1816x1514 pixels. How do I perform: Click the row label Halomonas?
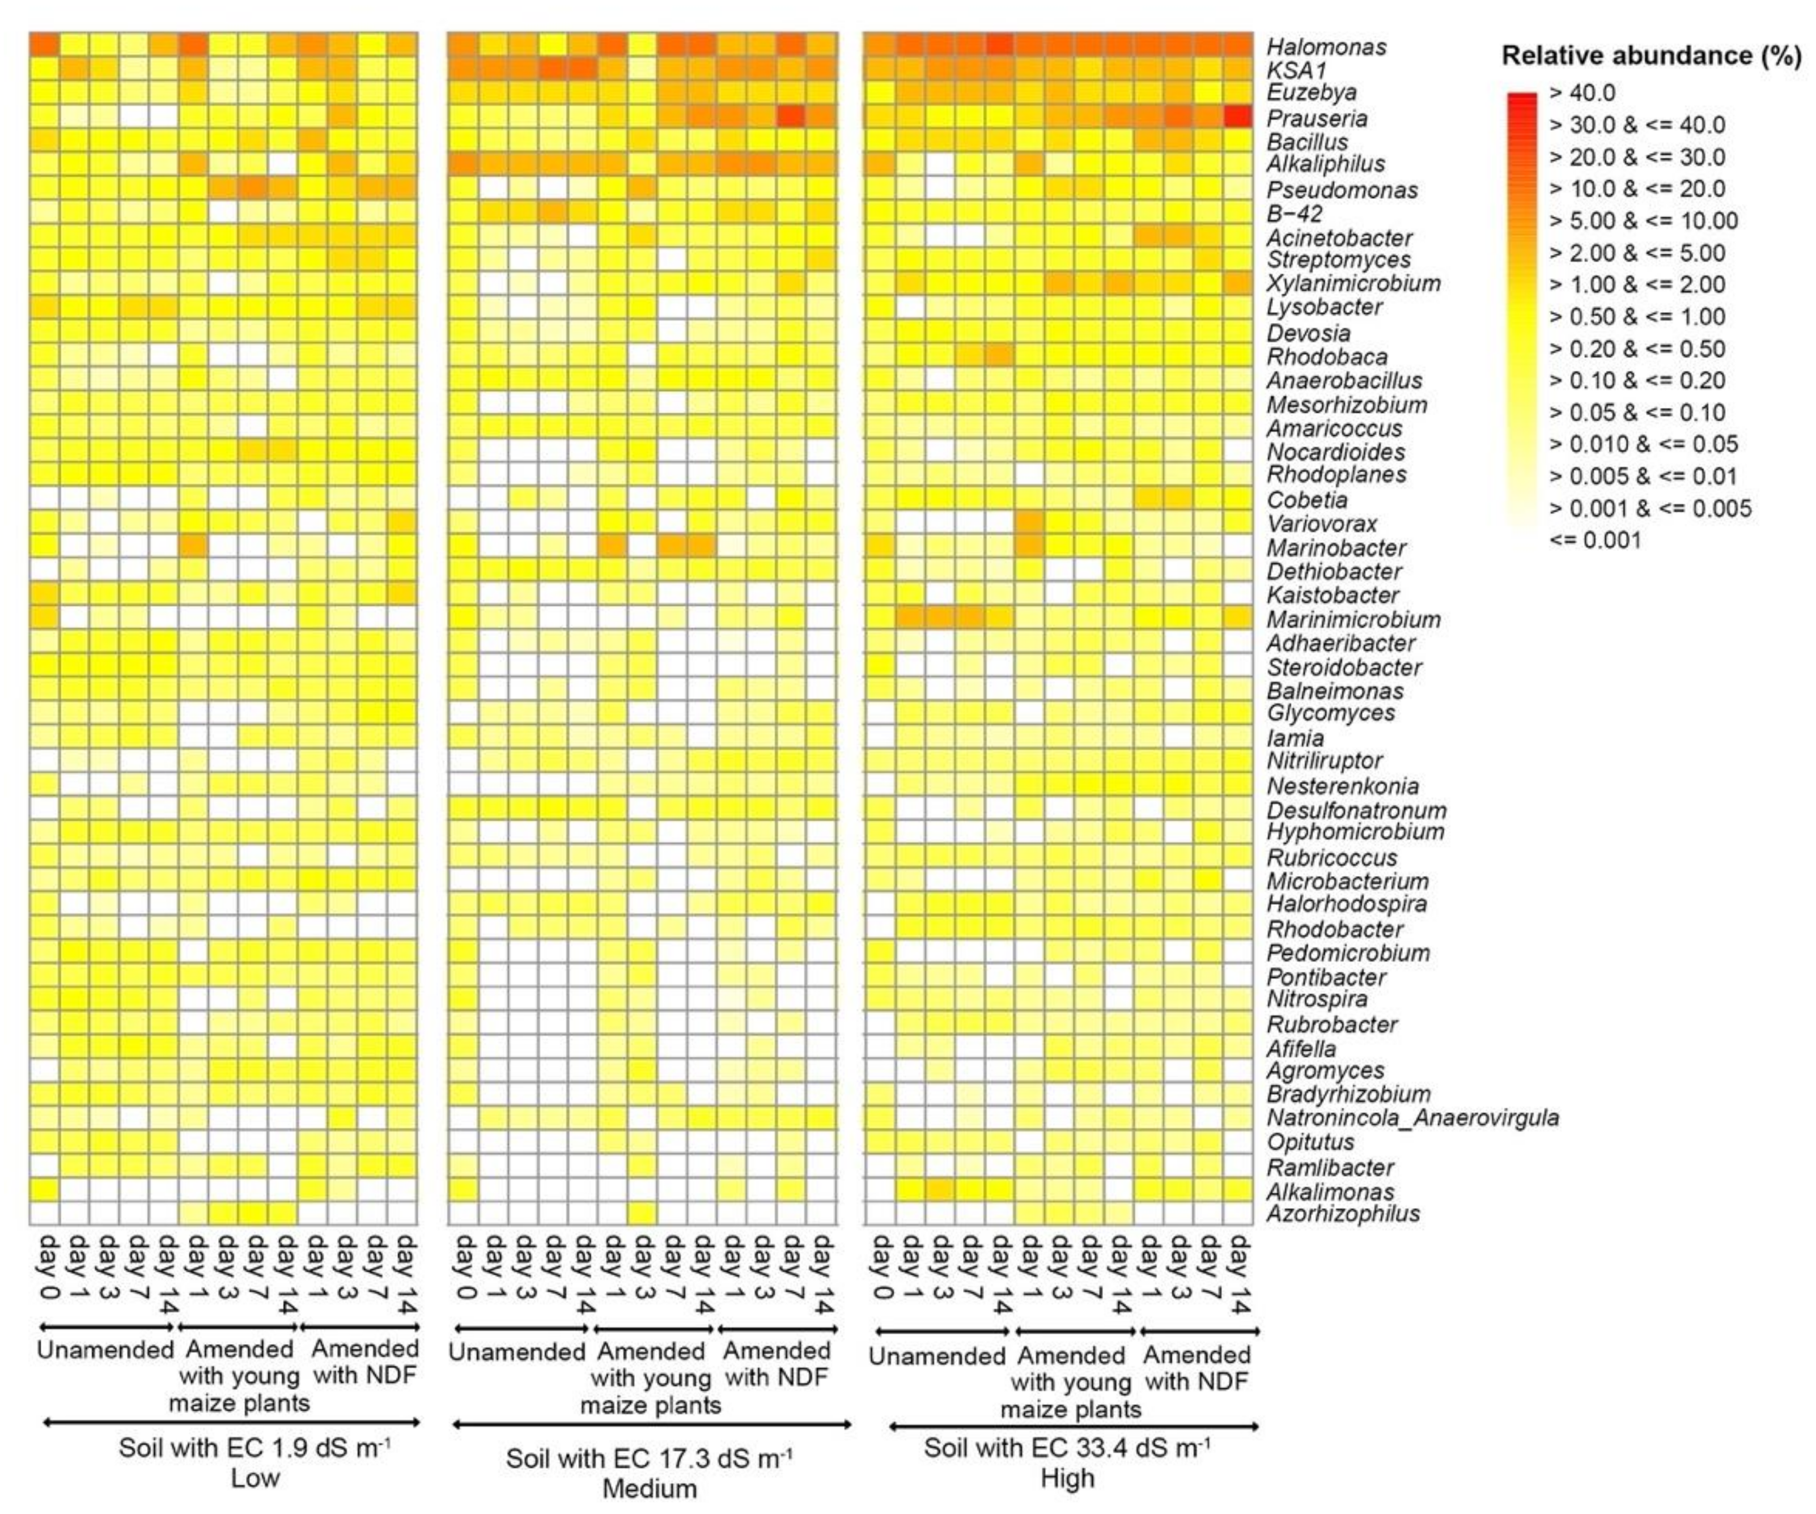coord(1326,46)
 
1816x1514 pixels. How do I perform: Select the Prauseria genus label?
coord(1317,118)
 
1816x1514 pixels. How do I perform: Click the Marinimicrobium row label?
coord(1353,619)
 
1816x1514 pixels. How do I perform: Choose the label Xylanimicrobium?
coord(1353,283)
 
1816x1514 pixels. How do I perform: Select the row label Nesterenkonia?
coord(1342,786)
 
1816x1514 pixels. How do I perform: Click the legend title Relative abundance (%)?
coord(1652,56)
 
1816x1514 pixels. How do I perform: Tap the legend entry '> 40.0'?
coord(1582,92)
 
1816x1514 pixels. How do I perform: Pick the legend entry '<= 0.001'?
coord(1594,541)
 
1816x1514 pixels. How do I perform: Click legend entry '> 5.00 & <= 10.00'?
coord(1643,220)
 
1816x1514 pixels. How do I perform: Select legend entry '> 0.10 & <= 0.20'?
coord(1637,380)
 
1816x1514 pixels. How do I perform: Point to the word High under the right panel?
coord(1067,1478)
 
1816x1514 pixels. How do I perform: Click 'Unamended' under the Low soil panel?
coord(105,1350)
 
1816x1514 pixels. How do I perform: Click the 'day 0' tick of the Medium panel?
coord(464,1268)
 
